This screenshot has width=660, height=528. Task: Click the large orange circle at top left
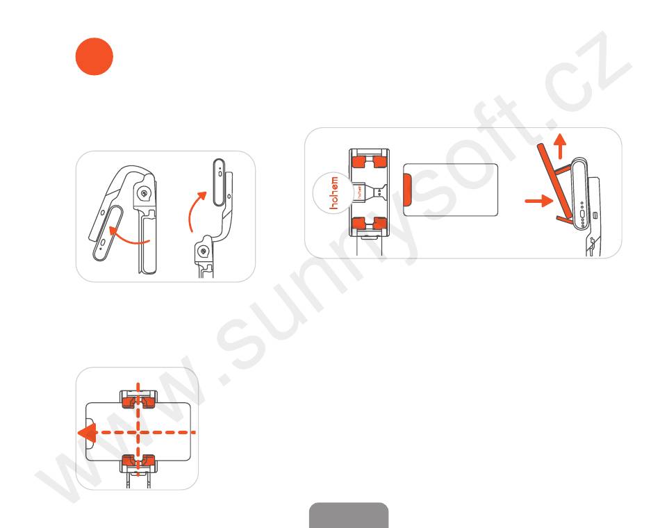click(x=94, y=56)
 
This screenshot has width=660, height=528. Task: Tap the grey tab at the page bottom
click(x=349, y=515)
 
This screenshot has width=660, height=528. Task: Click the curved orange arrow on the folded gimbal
click(x=128, y=236)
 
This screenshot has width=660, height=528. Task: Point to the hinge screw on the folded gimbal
click(x=145, y=194)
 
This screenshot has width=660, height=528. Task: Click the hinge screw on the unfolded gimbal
click(x=204, y=251)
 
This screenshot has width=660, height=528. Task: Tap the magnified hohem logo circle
click(x=333, y=193)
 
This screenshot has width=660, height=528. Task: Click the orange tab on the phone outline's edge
click(x=408, y=190)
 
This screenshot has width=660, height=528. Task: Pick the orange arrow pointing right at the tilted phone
click(x=539, y=201)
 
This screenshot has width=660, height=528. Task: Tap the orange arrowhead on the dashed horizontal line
click(x=87, y=433)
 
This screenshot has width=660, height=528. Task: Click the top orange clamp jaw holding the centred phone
click(x=138, y=402)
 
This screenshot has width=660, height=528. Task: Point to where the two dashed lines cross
click(x=138, y=432)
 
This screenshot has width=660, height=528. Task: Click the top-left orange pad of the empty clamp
click(x=359, y=161)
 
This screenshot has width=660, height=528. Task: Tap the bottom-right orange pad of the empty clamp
click(x=379, y=222)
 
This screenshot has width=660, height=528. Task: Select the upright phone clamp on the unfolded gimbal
click(x=219, y=182)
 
